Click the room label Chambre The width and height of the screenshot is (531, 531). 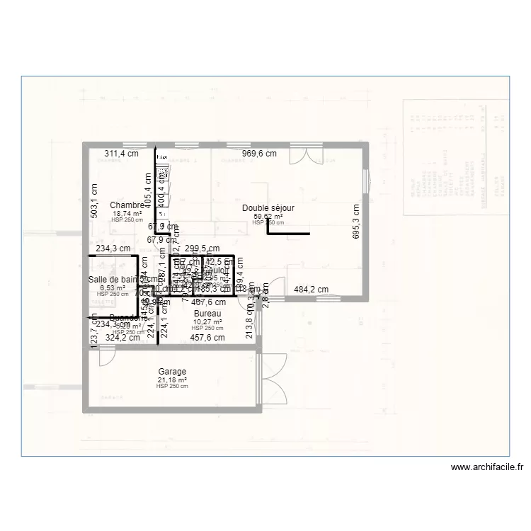(127, 205)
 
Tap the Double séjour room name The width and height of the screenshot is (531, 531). (268, 208)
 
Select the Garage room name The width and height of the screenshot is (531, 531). (172, 372)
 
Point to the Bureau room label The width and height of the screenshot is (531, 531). (207, 313)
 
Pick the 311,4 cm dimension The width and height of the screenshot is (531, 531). (121, 153)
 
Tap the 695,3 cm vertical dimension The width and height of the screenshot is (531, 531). (356, 222)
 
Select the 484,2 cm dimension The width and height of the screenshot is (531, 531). (312, 289)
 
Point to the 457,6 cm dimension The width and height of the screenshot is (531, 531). (207, 338)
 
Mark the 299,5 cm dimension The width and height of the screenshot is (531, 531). (202, 249)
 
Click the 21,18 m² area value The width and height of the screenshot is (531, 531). (172, 379)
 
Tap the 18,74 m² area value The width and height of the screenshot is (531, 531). (127, 213)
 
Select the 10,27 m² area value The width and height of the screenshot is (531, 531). (207, 321)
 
